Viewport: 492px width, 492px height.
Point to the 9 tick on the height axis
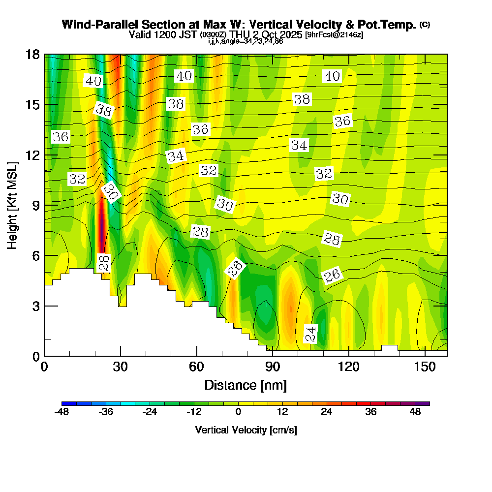(35, 205)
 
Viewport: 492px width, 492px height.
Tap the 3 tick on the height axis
(35, 306)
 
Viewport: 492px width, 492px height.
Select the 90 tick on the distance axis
(273, 367)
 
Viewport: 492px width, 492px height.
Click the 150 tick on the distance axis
(424, 367)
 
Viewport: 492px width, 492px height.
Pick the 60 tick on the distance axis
(197, 367)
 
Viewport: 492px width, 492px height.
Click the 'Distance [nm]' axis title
(246, 384)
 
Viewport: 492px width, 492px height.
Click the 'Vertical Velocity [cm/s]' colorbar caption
(246, 430)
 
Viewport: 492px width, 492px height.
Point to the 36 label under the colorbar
(371, 412)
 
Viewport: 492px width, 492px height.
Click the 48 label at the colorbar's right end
(415, 412)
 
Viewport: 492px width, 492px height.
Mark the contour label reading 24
(311, 334)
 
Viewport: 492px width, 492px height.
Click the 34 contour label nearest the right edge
(299, 145)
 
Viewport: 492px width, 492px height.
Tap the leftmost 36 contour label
(61, 137)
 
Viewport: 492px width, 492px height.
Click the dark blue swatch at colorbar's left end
(69, 403)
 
